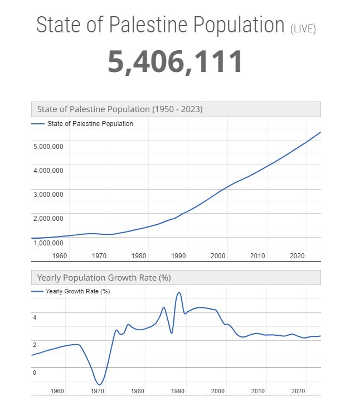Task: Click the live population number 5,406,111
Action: (x=176, y=61)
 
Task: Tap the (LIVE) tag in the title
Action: (x=303, y=28)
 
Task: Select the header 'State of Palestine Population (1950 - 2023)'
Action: (x=120, y=109)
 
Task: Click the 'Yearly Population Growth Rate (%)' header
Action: (x=104, y=277)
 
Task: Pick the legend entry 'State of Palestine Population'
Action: (x=89, y=124)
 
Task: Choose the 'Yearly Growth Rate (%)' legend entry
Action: (x=77, y=292)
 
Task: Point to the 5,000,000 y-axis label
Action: (x=48, y=147)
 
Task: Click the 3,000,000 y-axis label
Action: (x=48, y=195)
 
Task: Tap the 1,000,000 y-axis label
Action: (x=48, y=243)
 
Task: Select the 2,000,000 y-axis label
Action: (x=48, y=219)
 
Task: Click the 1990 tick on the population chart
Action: (x=178, y=256)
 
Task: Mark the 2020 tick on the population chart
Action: (x=297, y=256)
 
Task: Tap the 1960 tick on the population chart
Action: (x=60, y=256)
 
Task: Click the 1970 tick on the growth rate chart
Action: (x=98, y=391)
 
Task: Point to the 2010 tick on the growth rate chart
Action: (x=257, y=391)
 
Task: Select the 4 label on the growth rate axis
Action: (x=35, y=317)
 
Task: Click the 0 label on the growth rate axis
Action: (x=35, y=373)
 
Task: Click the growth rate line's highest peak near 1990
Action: (x=179, y=292)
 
